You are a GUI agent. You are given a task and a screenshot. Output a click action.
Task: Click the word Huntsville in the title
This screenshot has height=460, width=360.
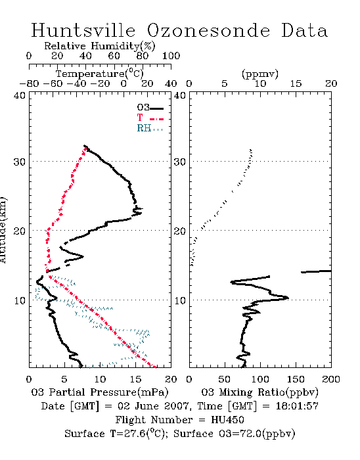[x=83, y=30]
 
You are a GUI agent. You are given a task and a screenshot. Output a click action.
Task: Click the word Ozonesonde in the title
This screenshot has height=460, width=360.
[x=208, y=30]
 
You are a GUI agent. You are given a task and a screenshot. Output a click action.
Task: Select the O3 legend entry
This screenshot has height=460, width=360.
[x=150, y=108]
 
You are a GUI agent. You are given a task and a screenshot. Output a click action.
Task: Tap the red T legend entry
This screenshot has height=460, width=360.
[x=150, y=118]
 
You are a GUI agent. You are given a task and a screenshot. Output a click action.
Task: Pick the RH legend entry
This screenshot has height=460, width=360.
[x=150, y=128]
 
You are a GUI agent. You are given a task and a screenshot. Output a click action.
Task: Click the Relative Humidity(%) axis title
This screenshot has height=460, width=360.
[x=100, y=46]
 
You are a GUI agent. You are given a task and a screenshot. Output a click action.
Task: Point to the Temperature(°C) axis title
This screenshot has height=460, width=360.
[x=100, y=74]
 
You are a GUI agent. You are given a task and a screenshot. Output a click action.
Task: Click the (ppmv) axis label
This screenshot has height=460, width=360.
[x=260, y=74]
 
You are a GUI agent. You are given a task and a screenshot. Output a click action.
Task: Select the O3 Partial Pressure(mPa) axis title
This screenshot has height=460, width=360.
[x=100, y=392]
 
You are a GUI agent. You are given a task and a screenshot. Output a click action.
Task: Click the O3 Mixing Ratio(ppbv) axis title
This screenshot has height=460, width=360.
[x=259, y=392]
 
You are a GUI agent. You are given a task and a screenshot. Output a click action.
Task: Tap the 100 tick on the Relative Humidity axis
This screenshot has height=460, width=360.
[x=171, y=56]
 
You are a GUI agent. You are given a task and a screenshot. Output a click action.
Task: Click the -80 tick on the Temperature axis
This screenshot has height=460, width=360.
[x=29, y=83]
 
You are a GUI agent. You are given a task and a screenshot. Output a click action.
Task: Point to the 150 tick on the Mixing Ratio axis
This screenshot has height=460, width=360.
[x=296, y=379]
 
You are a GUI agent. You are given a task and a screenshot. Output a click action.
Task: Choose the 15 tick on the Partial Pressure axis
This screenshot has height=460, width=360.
[x=135, y=379]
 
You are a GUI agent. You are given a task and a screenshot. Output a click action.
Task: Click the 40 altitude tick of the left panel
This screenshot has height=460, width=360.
[x=20, y=95]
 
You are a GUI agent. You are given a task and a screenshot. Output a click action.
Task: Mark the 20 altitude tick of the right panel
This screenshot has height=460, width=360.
[x=180, y=231]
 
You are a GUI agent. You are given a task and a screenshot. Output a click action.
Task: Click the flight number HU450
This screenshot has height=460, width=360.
[x=227, y=420]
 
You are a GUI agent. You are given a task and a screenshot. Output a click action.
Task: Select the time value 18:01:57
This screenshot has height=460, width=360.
[x=297, y=406]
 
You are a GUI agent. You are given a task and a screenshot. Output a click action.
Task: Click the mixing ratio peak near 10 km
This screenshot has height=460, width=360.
[x=287, y=298]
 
